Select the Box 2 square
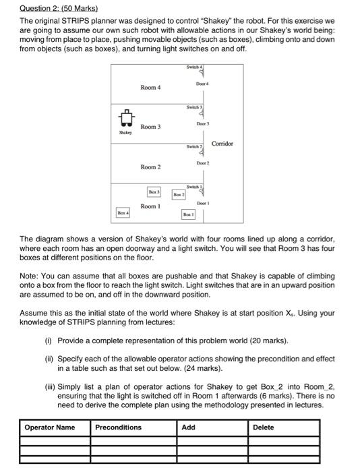pyautogui.click(x=177, y=194)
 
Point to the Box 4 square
pyautogui.click(x=121, y=214)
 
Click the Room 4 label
pyautogui.click(x=150, y=88)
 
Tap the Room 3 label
pyautogui.click(x=150, y=127)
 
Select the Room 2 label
pyautogui.click(x=150, y=167)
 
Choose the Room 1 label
pyautogui.click(x=150, y=206)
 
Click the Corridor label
pyautogui.click(x=222, y=144)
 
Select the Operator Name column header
pyautogui.click(x=50, y=427)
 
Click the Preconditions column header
pyautogui.click(x=119, y=427)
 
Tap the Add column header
pyautogui.click(x=189, y=427)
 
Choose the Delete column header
pyautogui.click(x=264, y=427)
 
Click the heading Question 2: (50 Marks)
pyautogui.click(x=59, y=9)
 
